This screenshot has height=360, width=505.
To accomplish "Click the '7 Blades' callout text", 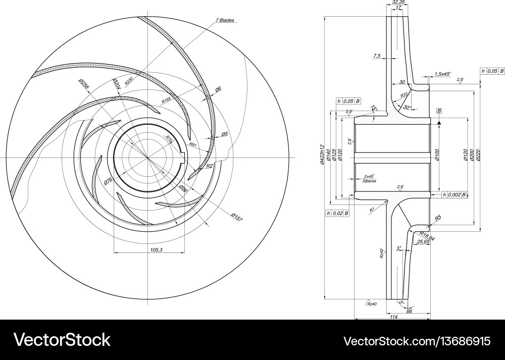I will pos(225,20).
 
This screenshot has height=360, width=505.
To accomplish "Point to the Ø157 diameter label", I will pos(237,217).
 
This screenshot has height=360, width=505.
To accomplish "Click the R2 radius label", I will pos(210,166).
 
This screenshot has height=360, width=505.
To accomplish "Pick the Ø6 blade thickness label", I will pos(218,89).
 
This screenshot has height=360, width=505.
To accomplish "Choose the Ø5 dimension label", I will pos(225,134).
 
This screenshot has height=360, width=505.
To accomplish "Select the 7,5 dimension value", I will pos(377,56).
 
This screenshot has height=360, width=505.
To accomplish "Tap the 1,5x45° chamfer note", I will pos(442,74).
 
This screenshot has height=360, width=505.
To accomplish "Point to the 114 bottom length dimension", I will pos(394,317).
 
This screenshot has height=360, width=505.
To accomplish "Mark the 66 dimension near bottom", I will pos(409,312).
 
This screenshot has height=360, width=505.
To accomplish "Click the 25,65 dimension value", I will pos(423,242).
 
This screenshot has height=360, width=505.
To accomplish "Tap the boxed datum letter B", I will pos(439,110).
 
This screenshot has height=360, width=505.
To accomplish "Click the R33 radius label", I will pos(404,95).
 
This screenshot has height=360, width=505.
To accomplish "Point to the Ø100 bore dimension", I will pos(437,155).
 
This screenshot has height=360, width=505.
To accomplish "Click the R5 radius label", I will pos(438,218).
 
